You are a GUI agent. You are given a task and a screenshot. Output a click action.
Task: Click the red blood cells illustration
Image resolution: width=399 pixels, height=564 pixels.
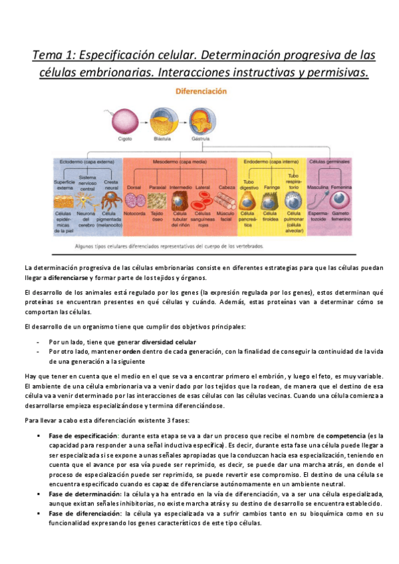(203, 199)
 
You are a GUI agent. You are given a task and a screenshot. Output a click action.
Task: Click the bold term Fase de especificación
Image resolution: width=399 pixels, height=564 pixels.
(79, 435)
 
